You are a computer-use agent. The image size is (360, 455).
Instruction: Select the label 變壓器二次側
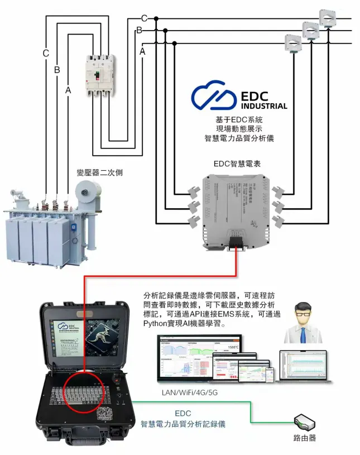99,173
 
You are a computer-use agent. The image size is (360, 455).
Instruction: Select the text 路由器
305,438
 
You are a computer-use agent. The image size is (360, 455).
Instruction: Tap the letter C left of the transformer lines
46,54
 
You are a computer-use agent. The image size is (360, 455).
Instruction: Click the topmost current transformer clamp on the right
327,17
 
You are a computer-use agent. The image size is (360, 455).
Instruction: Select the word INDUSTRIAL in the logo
264,106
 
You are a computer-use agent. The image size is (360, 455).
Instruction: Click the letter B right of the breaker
139,30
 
